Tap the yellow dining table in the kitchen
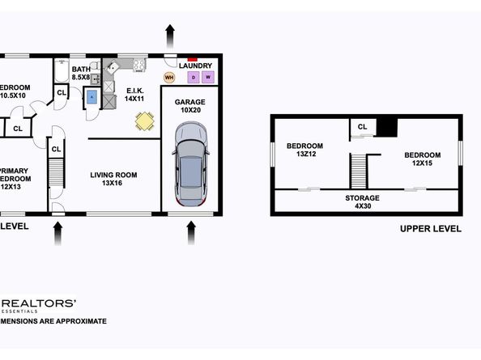[144, 121]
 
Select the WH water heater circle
[169, 78]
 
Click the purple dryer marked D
[193, 78]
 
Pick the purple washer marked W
[208, 78]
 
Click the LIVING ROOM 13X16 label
[113, 179]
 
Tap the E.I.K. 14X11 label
[134, 94]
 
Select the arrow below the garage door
[191, 233]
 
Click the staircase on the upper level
[359, 169]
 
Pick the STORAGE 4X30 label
[363, 201]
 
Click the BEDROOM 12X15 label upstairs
[422, 159]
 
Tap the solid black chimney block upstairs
[387, 127]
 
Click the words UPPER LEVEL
[430, 229]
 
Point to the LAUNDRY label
[196, 66]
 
